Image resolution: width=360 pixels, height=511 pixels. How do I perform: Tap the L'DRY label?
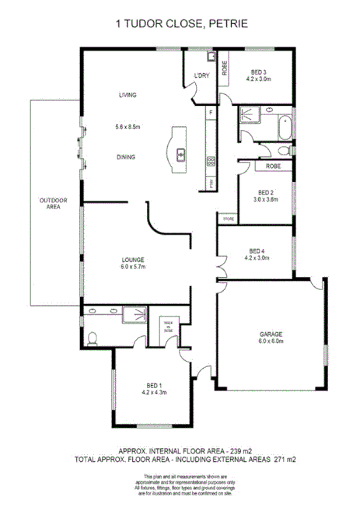202,75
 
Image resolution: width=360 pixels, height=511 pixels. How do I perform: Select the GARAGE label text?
271,334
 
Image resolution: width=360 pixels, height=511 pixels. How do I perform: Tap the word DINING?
126,157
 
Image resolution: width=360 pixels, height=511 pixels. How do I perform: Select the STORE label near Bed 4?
228,219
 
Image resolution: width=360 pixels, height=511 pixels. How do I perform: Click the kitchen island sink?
180,154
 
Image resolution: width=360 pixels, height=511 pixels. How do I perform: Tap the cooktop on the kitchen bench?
210,162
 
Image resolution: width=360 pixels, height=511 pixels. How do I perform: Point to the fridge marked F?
210,114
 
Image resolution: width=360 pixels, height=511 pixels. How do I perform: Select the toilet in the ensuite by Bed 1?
92,338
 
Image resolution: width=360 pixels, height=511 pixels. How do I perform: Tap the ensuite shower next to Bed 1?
135,316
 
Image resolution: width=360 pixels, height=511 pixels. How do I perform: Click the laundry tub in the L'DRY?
211,57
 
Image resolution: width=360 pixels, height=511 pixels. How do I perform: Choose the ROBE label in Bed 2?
272,166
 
